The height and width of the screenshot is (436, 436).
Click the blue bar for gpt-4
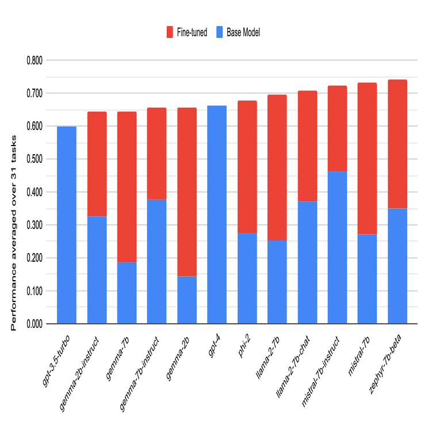pyautogui.click(x=217, y=215)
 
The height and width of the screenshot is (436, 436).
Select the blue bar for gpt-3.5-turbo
pyautogui.click(x=67, y=225)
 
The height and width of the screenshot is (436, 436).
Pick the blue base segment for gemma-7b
pyautogui.click(x=127, y=293)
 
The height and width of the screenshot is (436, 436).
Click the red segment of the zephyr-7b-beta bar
pyautogui.click(x=397, y=144)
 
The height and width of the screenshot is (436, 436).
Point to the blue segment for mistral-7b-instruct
pyautogui.click(x=337, y=247)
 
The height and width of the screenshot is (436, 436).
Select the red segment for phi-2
pyautogui.click(x=247, y=167)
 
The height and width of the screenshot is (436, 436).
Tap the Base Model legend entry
pyautogui.click(x=238, y=33)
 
